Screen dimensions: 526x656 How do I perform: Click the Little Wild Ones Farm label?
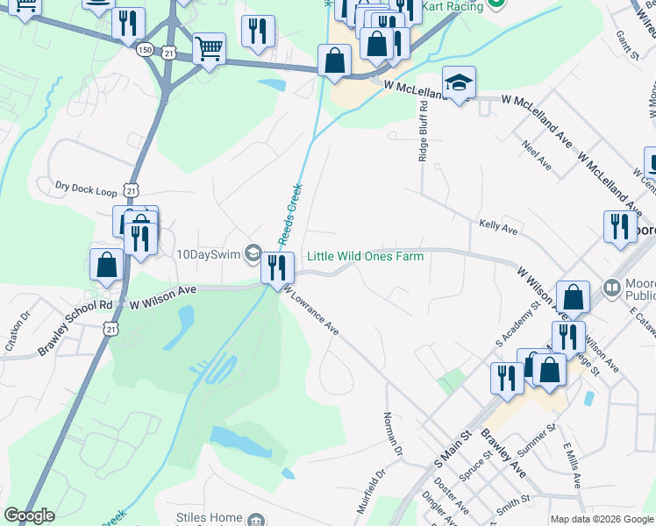point(365,256)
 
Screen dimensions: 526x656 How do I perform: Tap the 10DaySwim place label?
point(210,255)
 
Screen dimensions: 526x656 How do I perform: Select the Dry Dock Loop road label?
point(86,187)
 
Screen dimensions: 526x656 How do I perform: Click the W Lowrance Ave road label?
point(309,312)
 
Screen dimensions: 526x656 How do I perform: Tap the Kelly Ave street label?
point(498,226)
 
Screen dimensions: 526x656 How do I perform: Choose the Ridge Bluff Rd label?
point(423,130)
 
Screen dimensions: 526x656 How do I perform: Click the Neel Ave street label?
point(537,153)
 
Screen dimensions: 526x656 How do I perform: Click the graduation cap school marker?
point(459,83)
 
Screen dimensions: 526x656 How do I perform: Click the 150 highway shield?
point(145,51)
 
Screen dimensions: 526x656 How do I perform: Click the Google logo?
point(30,515)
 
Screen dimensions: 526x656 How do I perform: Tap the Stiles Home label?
point(209,517)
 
